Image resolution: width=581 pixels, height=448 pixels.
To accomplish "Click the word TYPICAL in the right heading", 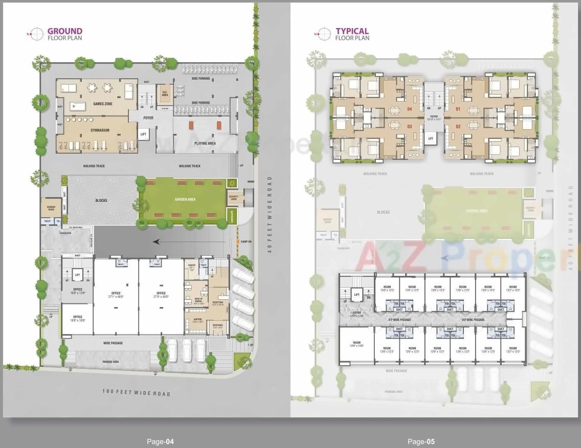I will (x=352, y=31).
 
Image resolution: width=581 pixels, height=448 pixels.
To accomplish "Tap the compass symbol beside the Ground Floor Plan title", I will (x=36, y=34).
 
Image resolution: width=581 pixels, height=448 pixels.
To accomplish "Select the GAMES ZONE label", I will (x=103, y=104).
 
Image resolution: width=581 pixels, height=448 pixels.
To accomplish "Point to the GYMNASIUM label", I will (x=100, y=130).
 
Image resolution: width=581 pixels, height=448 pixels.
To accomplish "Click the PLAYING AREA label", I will (x=205, y=144).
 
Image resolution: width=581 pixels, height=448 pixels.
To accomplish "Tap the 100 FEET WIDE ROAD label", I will (x=136, y=393).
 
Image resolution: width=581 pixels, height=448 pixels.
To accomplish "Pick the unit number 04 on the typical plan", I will (x=409, y=109).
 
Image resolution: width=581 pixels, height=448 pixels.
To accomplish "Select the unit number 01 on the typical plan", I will (x=458, y=109).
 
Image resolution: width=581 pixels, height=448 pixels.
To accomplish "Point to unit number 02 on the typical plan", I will (x=458, y=126).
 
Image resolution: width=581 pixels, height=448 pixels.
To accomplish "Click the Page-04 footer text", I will (x=161, y=441).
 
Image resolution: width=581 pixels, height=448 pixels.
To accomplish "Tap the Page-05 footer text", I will (x=421, y=441).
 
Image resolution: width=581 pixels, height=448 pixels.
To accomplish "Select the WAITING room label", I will (x=198, y=320).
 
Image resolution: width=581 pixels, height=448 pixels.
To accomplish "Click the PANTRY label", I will (x=192, y=266).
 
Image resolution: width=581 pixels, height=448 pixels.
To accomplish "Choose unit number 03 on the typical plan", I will (x=409, y=126).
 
